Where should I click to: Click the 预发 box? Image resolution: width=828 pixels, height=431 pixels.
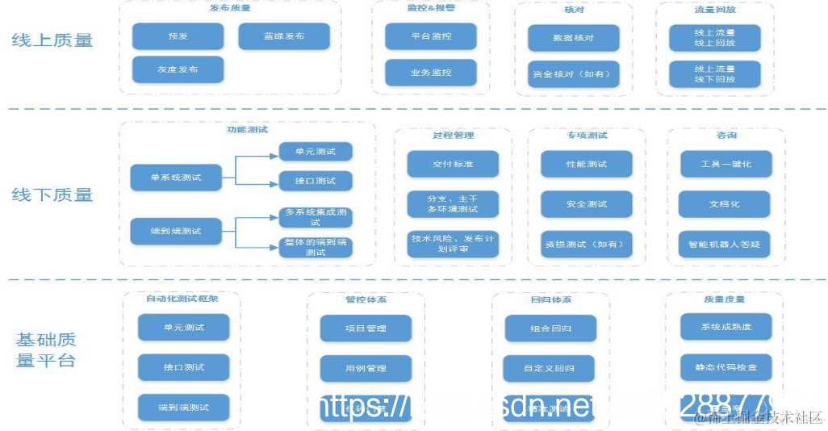pyautogui.click(x=178, y=36)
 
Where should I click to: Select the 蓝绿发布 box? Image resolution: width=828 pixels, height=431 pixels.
pyautogui.click(x=284, y=36)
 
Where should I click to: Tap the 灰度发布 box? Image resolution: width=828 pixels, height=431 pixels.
pyautogui.click(x=178, y=69)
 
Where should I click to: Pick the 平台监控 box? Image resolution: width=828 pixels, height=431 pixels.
pyautogui.click(x=431, y=36)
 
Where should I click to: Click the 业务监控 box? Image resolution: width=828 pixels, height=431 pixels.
pyautogui.click(x=431, y=73)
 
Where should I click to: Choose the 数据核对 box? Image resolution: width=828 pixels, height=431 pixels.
pyautogui.click(x=574, y=38)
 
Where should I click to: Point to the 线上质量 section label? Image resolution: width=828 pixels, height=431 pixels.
pyautogui.click(x=52, y=40)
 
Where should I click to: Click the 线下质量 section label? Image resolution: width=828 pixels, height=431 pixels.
pyautogui.click(x=52, y=195)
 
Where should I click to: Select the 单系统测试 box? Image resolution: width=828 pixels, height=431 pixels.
pyautogui.click(x=176, y=178)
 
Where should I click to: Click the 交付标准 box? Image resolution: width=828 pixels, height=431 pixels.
pyautogui.click(x=453, y=164)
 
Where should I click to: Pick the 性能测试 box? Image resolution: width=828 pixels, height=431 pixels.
pyautogui.click(x=587, y=164)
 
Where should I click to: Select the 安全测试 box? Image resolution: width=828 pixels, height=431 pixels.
pyautogui.click(x=587, y=204)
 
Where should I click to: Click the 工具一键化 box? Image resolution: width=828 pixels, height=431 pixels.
pyautogui.click(x=725, y=164)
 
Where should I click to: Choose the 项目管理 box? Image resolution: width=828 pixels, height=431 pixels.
pyautogui.click(x=366, y=328)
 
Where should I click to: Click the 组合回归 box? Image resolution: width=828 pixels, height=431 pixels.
pyautogui.click(x=551, y=328)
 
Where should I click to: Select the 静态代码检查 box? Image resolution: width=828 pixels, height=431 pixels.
pyautogui.click(x=726, y=367)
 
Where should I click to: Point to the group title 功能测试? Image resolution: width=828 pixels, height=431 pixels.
pyautogui.click(x=247, y=129)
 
